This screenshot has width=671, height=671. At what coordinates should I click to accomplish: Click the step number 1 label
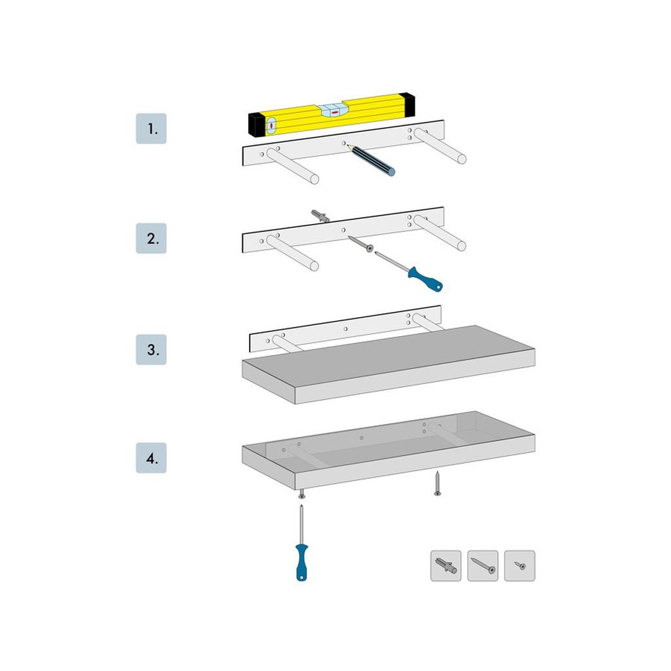[151, 129]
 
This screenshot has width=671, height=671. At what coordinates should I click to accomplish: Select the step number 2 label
[151, 239]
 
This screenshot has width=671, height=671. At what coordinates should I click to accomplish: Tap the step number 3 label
[151, 350]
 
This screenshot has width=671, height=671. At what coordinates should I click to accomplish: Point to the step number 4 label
[151, 458]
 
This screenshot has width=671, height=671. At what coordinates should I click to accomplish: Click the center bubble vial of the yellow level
[335, 111]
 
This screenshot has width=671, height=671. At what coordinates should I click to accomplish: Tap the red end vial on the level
[271, 126]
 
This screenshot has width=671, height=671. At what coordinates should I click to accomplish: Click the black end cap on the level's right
[410, 104]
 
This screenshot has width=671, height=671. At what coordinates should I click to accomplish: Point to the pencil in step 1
[371, 161]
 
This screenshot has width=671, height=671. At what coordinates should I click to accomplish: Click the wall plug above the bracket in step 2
[320, 216]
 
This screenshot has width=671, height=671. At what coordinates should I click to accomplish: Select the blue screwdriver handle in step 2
[425, 279]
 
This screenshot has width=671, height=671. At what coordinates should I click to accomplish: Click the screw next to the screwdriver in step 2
[360, 244]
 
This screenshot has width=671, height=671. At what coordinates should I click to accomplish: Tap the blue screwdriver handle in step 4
[301, 562]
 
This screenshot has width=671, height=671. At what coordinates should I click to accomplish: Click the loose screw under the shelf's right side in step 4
[437, 484]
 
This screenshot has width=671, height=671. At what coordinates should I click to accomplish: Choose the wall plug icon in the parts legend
[446, 566]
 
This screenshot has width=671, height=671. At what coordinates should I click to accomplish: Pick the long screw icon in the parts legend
[483, 566]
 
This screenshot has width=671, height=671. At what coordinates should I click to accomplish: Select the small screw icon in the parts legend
[520, 566]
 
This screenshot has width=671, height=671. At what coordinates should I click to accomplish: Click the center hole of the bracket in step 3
[345, 329]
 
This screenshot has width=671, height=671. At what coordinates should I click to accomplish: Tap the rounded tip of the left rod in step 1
[315, 179]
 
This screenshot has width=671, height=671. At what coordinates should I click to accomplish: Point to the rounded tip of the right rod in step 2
[462, 246]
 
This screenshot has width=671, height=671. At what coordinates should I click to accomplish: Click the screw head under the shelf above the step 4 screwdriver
[301, 495]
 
